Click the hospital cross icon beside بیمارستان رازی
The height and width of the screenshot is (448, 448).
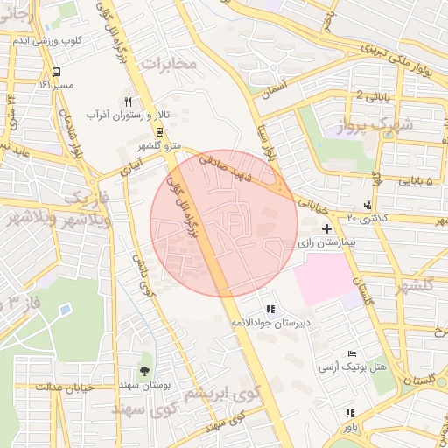pos(326,228)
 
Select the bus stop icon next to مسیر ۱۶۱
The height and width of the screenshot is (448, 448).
pos(57,72)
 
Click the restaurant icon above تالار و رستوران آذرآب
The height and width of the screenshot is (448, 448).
pos(129,101)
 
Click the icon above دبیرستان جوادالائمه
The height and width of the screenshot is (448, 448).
pos(270,310)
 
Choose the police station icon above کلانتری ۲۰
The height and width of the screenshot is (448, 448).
pos(367,205)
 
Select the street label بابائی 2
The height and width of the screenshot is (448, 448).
pos(372,94)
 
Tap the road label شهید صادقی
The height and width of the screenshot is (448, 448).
pos(225,167)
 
